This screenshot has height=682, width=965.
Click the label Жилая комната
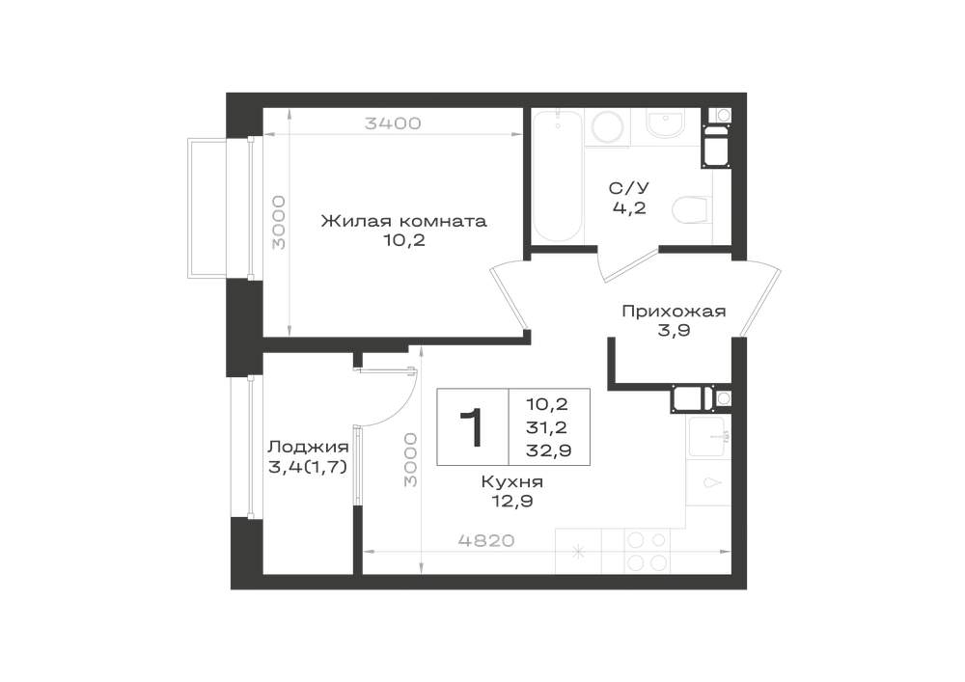pyautogui.click(x=403, y=221)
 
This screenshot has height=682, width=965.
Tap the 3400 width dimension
pyautogui.click(x=393, y=123)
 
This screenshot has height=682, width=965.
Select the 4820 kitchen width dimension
pyautogui.click(x=486, y=540)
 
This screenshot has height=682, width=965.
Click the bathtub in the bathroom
pyautogui.click(x=557, y=177)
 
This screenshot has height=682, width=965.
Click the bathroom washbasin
pyautogui.click(x=667, y=125)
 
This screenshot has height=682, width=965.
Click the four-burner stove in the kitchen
pyautogui.click(x=647, y=551)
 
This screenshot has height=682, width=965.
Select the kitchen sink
pyautogui.click(x=708, y=437)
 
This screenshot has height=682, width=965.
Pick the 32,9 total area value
pyautogui.click(x=548, y=450)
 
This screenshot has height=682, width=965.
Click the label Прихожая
pyautogui.click(x=674, y=312)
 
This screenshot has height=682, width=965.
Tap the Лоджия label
pyautogui.click(x=309, y=447)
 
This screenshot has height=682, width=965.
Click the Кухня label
pyautogui.click(x=512, y=481)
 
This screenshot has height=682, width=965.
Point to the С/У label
pyautogui.click(x=629, y=187)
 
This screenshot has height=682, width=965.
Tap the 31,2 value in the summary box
pyautogui.click(x=546, y=426)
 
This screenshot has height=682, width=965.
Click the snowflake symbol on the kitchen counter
pyautogui.click(x=578, y=552)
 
